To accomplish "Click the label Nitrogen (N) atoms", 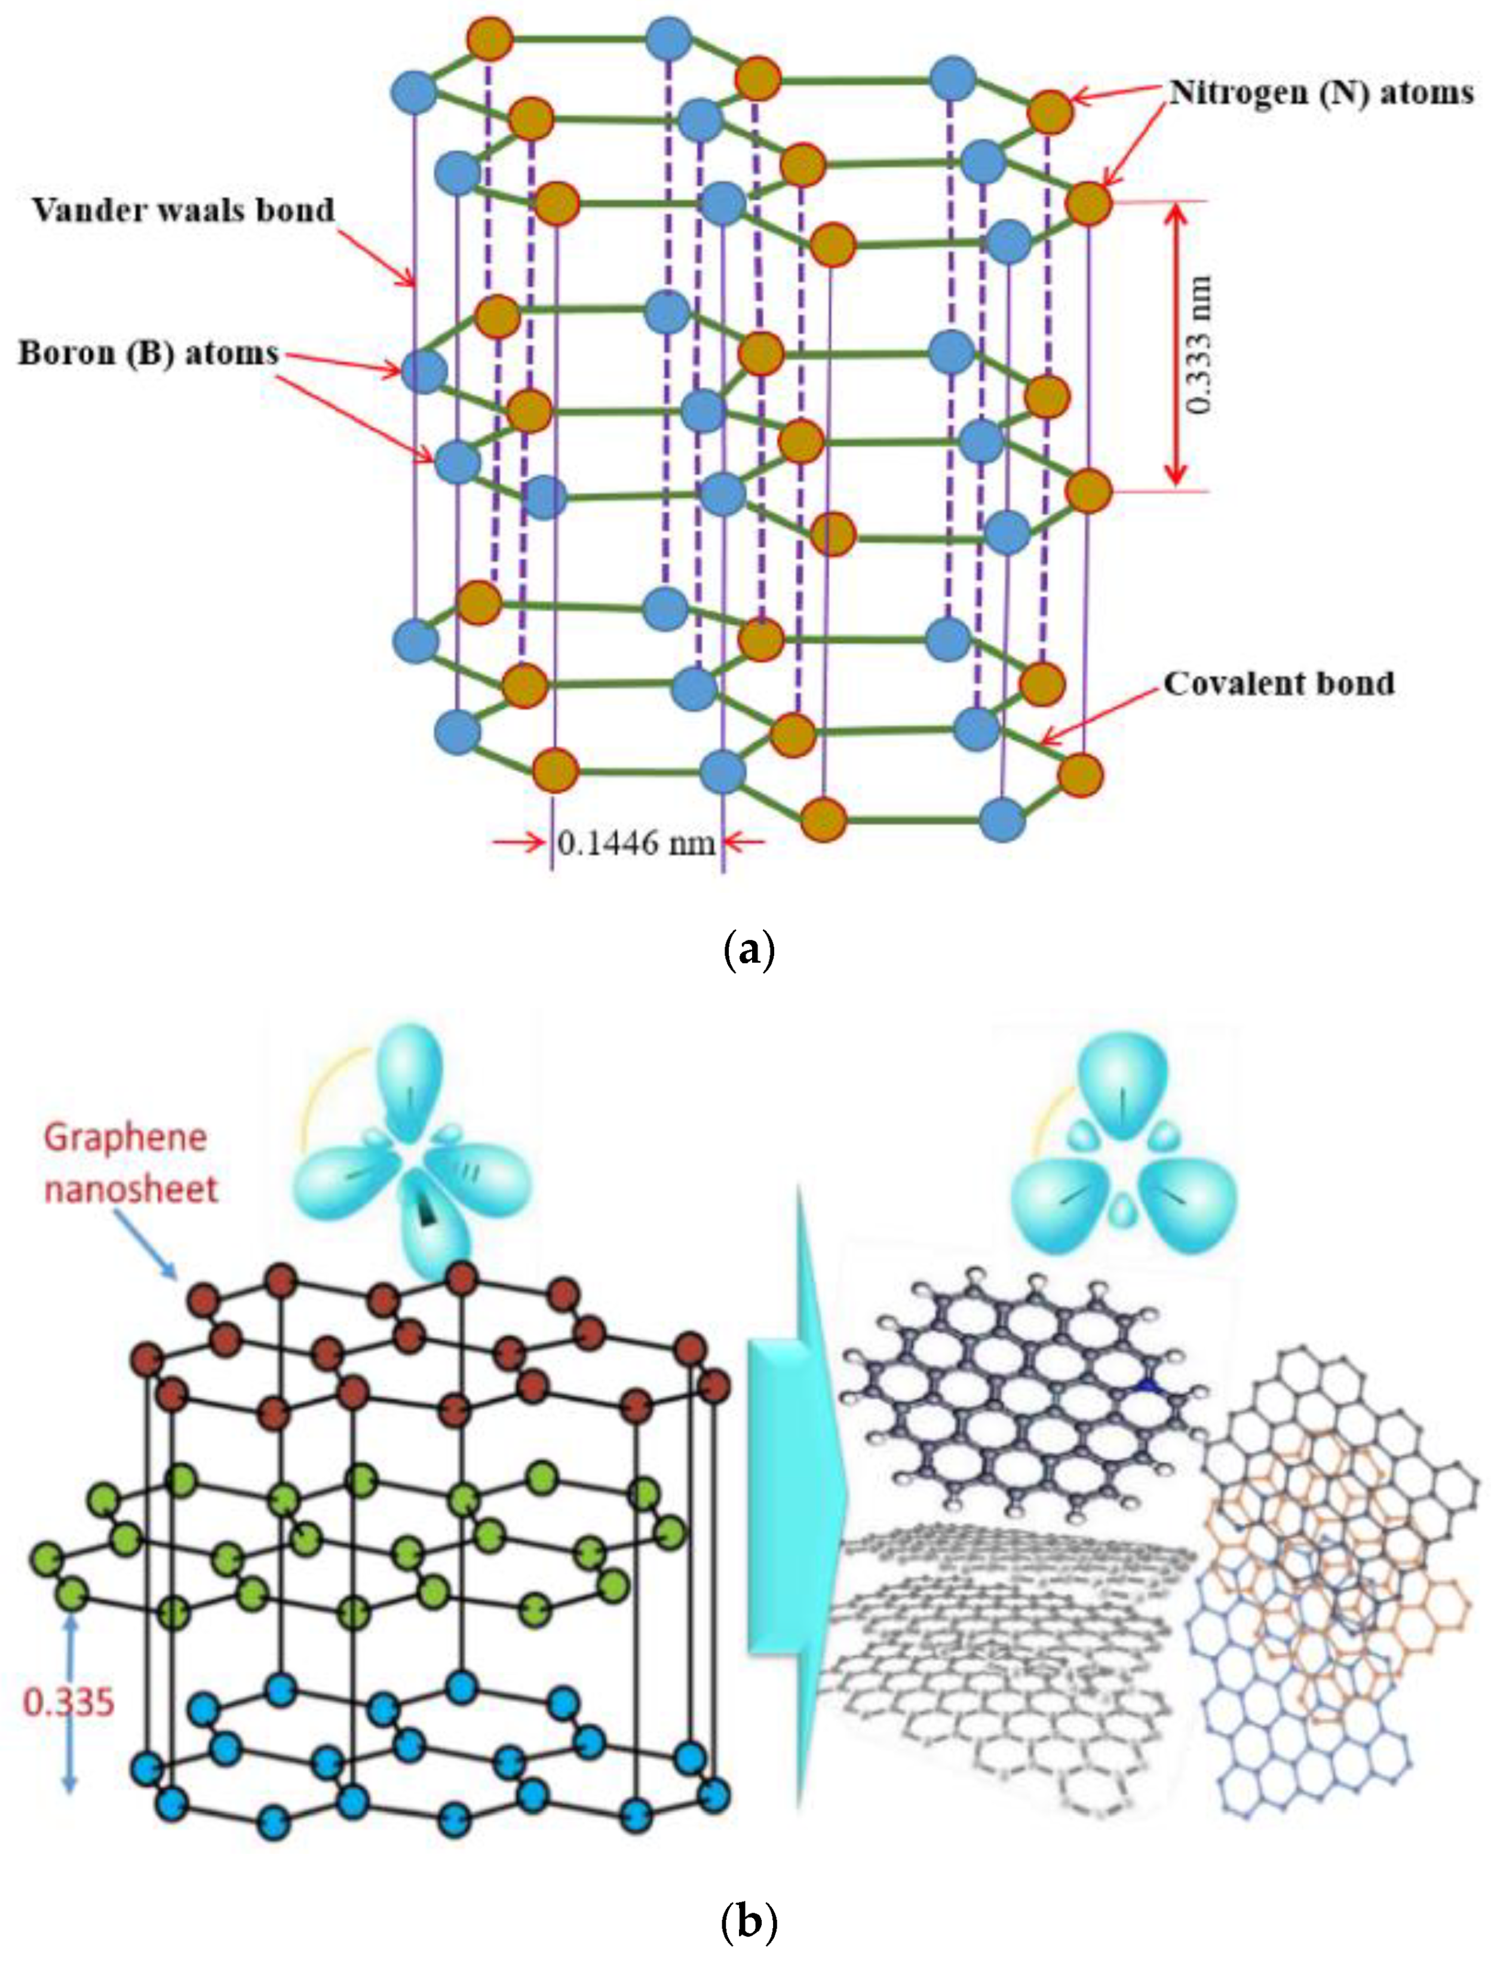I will pos(1321,93).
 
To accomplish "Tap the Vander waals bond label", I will pos(184,210).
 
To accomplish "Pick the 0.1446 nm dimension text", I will pos(636,842).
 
